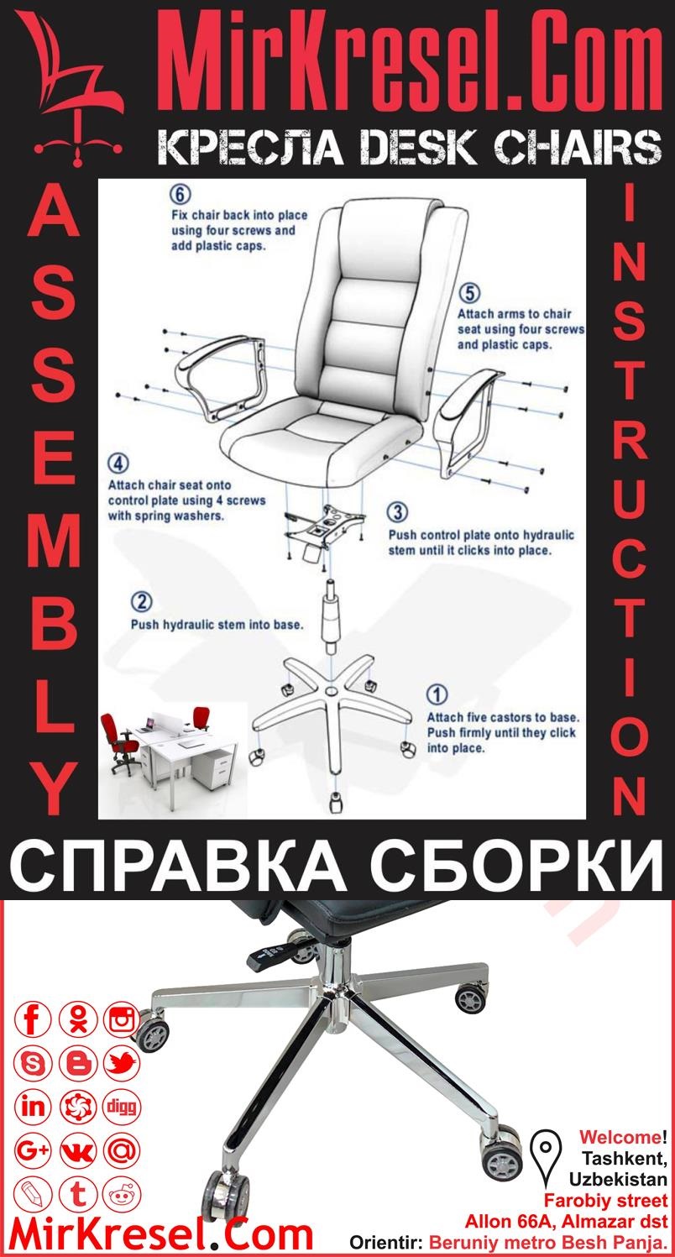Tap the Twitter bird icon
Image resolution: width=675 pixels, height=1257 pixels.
[122, 1065]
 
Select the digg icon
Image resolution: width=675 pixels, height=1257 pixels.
[122, 1106]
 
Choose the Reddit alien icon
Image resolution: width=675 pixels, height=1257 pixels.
[122, 1192]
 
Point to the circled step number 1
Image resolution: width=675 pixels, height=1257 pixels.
[437, 695]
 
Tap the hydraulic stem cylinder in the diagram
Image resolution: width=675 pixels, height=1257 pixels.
[330, 621]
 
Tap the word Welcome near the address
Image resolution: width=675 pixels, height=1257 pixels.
[619, 1138]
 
